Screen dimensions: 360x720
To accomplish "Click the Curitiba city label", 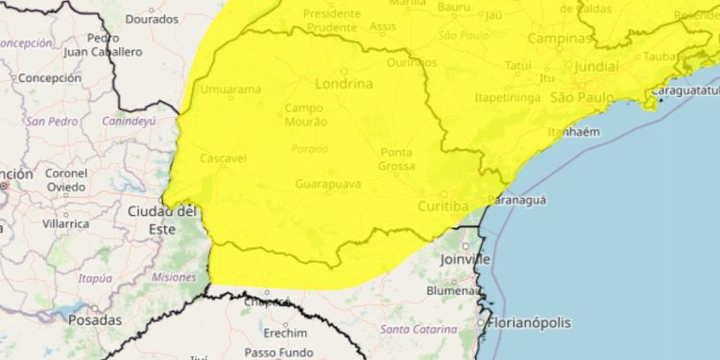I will pos(442,206).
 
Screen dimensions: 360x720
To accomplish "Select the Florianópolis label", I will pos(529,323).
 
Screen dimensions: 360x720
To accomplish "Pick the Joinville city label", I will pos(465,259).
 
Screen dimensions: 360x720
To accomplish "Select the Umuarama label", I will pos(231,89).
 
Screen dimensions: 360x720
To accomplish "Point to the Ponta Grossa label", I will pos(396,159).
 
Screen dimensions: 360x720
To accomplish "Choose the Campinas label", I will pos(561,39).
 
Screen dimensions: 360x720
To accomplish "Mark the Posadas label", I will pos(95,320).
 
